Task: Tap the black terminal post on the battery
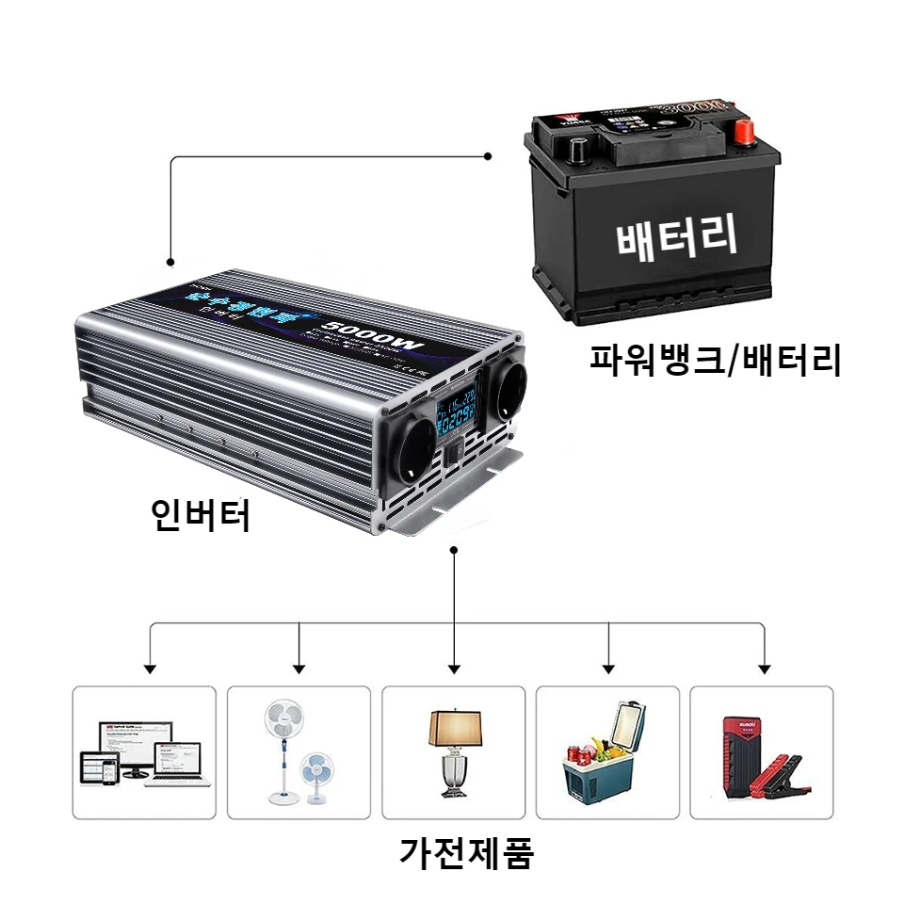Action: [575, 148]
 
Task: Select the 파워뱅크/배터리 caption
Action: [715, 359]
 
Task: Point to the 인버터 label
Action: [202, 515]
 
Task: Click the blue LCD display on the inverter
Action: [455, 412]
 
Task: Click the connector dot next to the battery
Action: [488, 156]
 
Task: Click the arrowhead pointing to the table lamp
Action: [455, 670]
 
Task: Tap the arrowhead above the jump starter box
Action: [764, 670]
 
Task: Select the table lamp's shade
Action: [454, 727]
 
